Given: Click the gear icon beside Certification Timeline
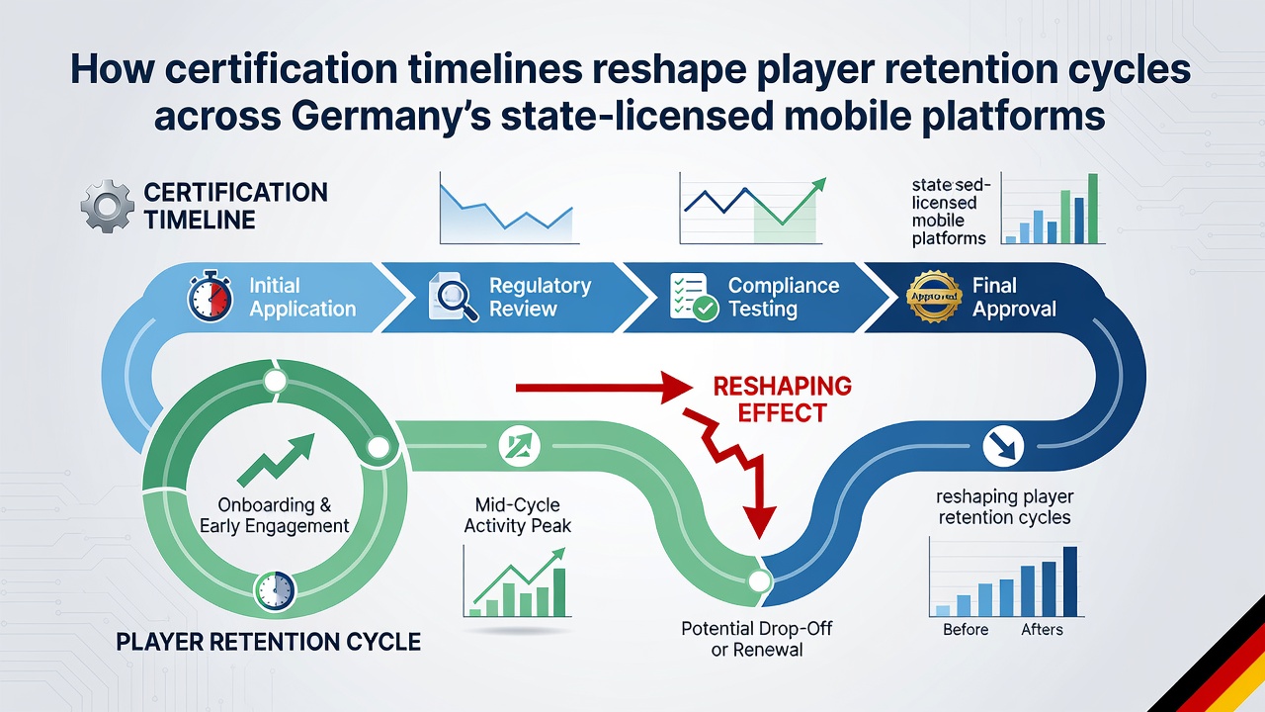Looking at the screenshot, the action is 108,207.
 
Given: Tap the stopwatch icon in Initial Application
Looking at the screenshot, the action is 211,296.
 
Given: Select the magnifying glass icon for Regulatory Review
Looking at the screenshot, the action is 454,298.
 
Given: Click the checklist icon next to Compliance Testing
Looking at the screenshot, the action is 694,298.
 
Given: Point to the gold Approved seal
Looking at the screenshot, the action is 934,296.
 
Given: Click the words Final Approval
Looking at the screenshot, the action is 1014,298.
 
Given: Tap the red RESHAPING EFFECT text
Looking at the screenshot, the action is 782,400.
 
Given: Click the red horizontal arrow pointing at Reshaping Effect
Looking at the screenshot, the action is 604,388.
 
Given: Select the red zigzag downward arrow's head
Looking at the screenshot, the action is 759,521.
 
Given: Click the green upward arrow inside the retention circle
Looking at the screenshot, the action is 276,460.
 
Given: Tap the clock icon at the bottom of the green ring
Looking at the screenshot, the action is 275,591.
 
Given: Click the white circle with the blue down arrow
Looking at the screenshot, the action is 1003,446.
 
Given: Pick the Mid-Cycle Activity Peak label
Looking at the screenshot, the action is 517,515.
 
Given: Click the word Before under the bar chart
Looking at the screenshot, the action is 966,630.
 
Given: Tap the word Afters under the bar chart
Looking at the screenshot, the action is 1042,630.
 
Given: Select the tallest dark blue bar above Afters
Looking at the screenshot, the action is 1070,580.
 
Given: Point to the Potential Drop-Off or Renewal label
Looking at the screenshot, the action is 757,639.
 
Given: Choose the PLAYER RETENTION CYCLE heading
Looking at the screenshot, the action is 268,642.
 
